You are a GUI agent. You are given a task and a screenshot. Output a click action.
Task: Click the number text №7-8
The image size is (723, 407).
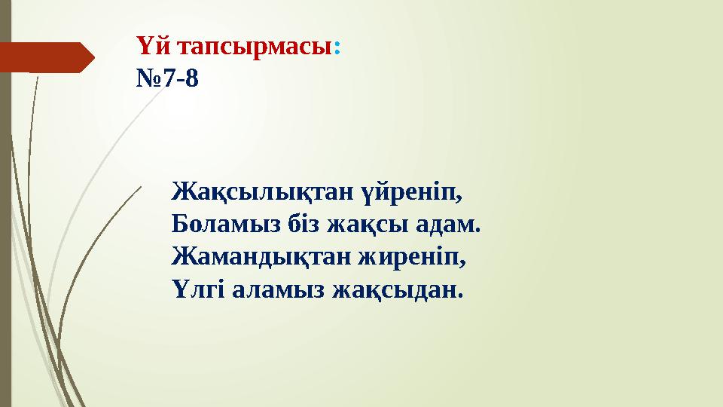pos(168,78)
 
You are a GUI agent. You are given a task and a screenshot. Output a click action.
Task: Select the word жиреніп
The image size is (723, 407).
pos(417,256)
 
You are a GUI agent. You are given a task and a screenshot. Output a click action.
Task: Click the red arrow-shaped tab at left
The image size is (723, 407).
pos(45,57)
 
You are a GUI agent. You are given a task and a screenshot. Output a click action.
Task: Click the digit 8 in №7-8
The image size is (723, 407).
pos(193,78)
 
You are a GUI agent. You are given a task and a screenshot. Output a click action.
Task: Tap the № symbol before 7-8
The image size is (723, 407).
pos(148,78)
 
